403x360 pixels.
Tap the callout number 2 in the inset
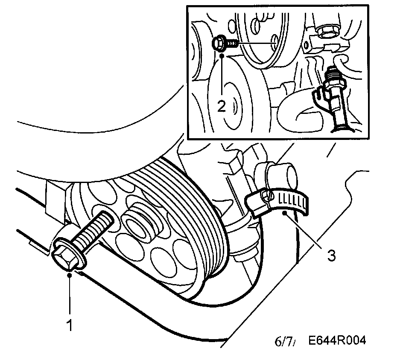[221, 105]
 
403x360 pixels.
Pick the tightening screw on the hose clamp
[267, 195]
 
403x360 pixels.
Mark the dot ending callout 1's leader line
[70, 275]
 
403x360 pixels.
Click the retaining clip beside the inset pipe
[318, 96]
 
